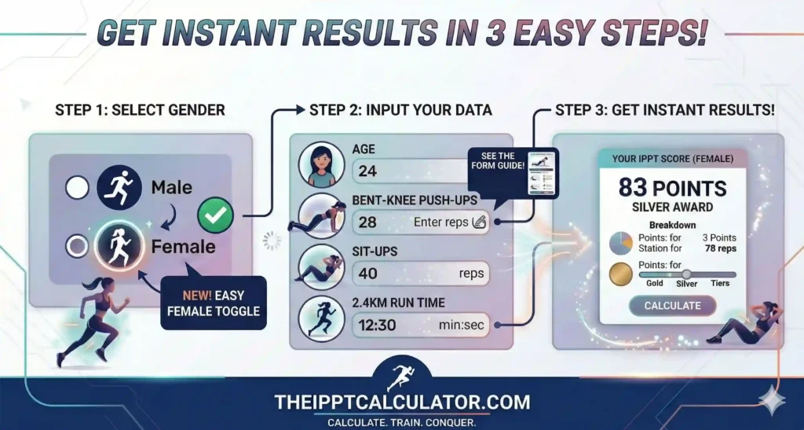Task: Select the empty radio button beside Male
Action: [78, 188]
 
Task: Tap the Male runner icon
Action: [119, 188]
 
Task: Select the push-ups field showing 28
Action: [420, 222]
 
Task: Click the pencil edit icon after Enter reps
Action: [479, 222]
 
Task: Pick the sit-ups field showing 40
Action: [420, 274]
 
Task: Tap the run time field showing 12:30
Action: [420, 324]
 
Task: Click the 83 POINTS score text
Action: [672, 188]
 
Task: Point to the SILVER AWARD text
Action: [672, 208]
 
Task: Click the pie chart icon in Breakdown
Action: [621, 244]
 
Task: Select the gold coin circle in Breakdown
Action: [621, 275]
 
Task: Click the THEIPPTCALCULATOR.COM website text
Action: [402, 402]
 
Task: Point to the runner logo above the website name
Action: [401, 377]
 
